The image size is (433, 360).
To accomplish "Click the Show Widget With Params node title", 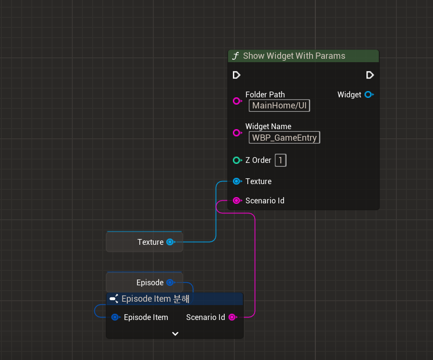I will pos(294,56).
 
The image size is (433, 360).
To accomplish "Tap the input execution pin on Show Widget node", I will pos(236,75).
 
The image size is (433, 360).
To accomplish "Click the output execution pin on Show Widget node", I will pos(370,75).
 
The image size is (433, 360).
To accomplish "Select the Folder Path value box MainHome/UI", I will pos(279,106).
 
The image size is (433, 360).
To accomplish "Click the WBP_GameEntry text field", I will pos(284,137).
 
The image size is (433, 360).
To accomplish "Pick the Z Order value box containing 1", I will pos(281,160).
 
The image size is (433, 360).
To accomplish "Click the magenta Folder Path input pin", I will pos(236,101).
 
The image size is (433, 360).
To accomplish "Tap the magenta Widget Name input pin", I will pos(236,133).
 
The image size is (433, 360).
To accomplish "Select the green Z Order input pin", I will pos(236,160).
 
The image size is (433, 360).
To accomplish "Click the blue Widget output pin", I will pos(368,94).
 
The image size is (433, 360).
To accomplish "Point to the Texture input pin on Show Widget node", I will pos(236,181).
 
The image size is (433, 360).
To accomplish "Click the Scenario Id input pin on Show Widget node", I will pos(236,200).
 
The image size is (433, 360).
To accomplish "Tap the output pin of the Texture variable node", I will pos(170,242).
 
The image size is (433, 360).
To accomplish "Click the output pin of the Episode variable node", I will pos(170,282).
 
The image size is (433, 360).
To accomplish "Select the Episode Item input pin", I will pos(115,317).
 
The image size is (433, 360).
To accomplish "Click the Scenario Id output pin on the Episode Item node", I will pos(232,317).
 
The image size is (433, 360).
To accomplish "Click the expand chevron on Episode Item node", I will pos(175,333).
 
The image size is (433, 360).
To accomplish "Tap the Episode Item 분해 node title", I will pos(155,299).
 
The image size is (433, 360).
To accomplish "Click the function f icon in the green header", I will pos(235,56).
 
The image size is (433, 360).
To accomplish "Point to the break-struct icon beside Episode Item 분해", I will pos(114,299).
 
